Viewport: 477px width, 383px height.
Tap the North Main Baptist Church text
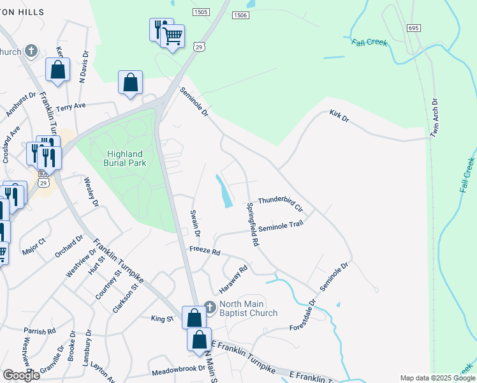[248, 308]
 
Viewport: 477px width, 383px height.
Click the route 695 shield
[414, 29]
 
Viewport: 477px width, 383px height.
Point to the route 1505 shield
[201, 12]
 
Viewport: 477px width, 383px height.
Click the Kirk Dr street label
[339, 117]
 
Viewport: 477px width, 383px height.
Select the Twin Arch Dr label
[435, 118]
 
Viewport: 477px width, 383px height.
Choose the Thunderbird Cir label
[280, 202]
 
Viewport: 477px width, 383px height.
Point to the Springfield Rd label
[253, 225]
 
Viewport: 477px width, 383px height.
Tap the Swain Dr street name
[195, 224]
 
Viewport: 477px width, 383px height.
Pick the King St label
[162, 318]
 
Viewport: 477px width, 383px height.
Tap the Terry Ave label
[70, 106]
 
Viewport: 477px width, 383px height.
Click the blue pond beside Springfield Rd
[224, 191]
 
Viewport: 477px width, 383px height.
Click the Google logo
[21, 375]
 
